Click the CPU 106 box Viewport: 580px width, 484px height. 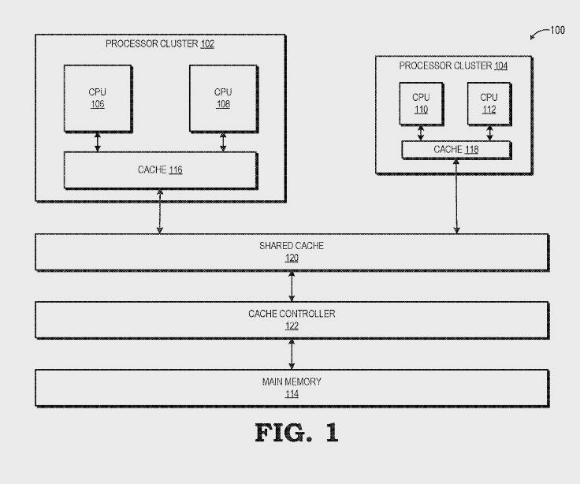pos(97,98)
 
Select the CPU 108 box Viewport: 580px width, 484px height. pos(223,98)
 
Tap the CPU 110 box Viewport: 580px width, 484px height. pos(421,103)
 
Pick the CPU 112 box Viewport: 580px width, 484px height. pos(489,103)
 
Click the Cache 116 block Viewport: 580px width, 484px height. pos(160,169)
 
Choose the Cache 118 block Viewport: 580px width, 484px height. pos(455,149)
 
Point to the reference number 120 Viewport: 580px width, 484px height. pos(292,258)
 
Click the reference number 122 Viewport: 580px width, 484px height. pos(292,326)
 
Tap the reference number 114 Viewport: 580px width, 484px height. pos(292,393)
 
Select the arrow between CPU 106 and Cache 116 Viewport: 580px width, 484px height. pos(98,141)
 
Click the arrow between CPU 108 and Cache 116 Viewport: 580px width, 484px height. pos(223,141)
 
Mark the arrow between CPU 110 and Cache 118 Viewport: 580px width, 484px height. pos(421,132)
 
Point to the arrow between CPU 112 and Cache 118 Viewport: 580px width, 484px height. pos(489,132)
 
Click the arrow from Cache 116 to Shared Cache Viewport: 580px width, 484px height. pos(160,211)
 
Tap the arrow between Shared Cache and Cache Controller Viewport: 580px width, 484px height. pos(292,285)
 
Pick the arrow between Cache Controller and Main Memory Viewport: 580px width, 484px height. pos(292,352)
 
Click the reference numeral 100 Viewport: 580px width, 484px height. pos(557,31)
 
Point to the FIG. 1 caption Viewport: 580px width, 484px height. pos(296,433)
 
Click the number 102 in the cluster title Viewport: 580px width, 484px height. pos(207,44)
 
